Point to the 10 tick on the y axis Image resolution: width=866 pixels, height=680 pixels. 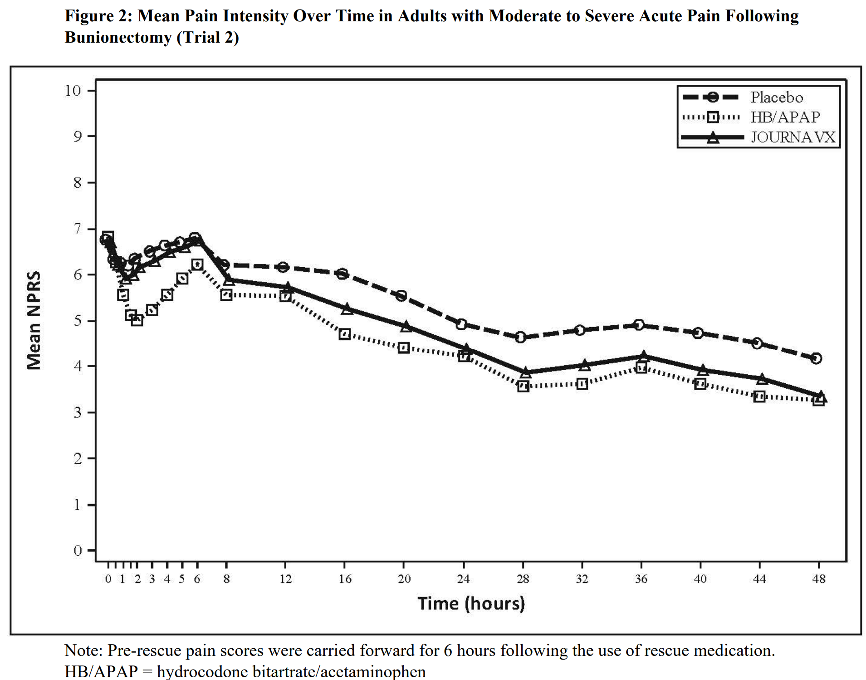pyautogui.click(x=73, y=91)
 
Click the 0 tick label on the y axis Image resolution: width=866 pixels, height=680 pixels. pyautogui.click(x=78, y=551)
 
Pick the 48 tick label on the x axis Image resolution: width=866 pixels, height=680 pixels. pyautogui.click(x=818, y=579)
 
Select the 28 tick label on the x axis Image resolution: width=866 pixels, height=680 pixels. pyautogui.click(x=523, y=579)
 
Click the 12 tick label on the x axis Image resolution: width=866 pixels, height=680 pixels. pyautogui.click(x=285, y=579)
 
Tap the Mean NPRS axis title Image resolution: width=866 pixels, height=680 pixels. pyautogui.click(x=34, y=321)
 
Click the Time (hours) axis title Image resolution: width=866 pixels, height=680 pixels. pyautogui.click(x=471, y=604)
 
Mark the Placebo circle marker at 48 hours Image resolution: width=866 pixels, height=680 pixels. pyautogui.click(x=816, y=358)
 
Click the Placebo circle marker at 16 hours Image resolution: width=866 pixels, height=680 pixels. pyautogui.click(x=343, y=274)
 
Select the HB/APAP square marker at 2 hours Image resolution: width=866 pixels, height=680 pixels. pyautogui.click(x=137, y=320)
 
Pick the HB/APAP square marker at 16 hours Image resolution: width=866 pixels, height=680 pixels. pyautogui.click(x=345, y=334)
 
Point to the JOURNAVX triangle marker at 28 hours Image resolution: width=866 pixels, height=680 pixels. pyautogui.click(x=525, y=373)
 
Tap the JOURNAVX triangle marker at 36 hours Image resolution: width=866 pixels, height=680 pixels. pyautogui.click(x=643, y=356)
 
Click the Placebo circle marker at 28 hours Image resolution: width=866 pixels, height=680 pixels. pyautogui.click(x=521, y=337)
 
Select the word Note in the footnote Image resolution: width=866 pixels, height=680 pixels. pyautogui.click(x=83, y=651)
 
